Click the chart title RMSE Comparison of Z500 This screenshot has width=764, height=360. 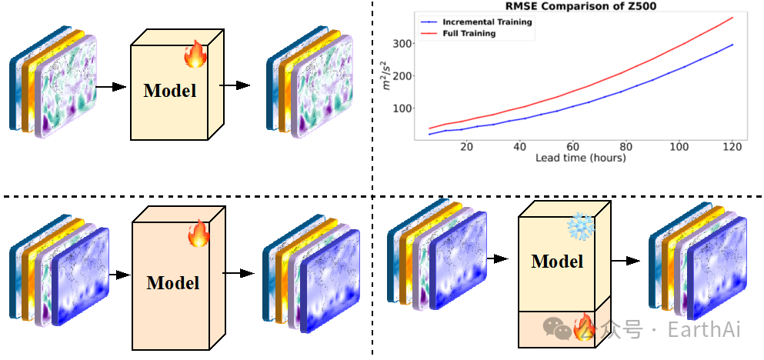click(569, 8)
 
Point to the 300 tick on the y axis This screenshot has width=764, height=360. click(402, 44)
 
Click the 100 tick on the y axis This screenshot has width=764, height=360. click(402, 108)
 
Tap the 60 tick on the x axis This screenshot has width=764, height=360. click(572, 146)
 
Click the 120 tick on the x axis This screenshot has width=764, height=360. click(732, 146)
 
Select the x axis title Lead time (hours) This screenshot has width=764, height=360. click(581, 158)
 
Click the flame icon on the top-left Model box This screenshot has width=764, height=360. click(195, 55)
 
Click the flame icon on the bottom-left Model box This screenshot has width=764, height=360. click(199, 232)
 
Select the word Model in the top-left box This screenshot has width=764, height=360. click(170, 90)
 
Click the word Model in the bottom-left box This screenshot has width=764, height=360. click(173, 282)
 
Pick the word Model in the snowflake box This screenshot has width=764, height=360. click(557, 261)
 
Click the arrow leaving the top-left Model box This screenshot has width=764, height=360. click(235, 85)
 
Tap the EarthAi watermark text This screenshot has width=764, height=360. click(703, 330)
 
